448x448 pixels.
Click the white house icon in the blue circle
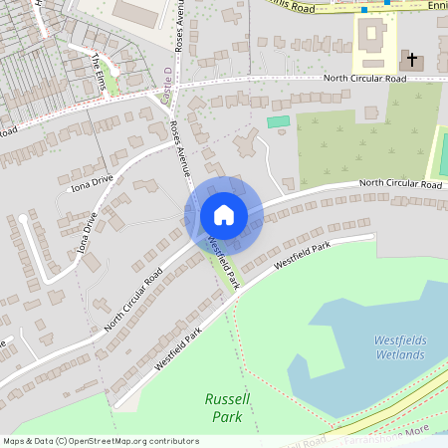click(x=223, y=215)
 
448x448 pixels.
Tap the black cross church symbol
click(x=413, y=62)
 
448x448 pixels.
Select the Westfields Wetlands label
click(x=400, y=345)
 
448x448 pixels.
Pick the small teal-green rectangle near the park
click(x=278, y=121)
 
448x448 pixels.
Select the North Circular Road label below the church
click(x=364, y=79)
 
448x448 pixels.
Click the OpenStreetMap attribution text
click(x=100, y=441)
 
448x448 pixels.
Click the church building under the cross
click(x=411, y=64)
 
